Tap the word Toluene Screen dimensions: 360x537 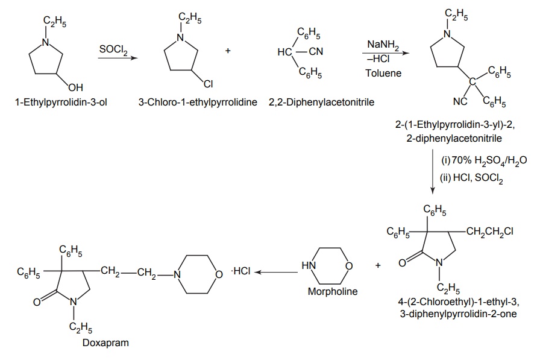[x=382, y=73]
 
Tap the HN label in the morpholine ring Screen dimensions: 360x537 [x=308, y=266]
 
